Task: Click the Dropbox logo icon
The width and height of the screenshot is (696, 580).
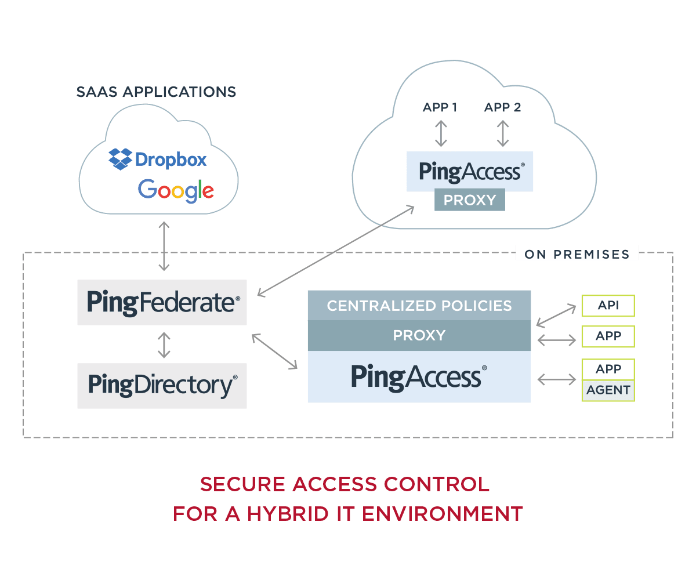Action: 120,159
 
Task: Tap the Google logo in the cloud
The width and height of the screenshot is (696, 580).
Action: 176,190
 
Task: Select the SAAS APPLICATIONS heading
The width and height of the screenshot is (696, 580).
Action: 156,92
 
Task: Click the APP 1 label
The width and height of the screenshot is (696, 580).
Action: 440,107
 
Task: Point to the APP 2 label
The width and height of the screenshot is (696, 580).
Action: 503,107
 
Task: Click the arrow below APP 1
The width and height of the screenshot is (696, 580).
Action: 441,133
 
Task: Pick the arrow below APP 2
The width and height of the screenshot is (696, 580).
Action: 503,133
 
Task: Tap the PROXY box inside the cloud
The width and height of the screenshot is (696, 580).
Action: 470,201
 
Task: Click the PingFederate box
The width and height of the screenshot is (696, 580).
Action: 162,302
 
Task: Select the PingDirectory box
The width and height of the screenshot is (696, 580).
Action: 162,385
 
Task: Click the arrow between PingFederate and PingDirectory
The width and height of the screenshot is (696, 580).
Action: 165,345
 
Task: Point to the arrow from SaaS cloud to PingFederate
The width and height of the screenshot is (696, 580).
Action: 165,246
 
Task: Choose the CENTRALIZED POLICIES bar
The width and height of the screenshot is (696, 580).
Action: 419,306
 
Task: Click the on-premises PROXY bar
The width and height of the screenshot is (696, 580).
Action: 419,335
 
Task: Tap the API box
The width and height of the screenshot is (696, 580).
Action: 608,306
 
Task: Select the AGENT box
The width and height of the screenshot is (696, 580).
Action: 608,390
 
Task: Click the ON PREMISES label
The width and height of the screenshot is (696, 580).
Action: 577,254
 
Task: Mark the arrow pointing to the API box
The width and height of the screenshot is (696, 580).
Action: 557,314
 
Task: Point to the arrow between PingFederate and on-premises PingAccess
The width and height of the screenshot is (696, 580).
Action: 274,351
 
